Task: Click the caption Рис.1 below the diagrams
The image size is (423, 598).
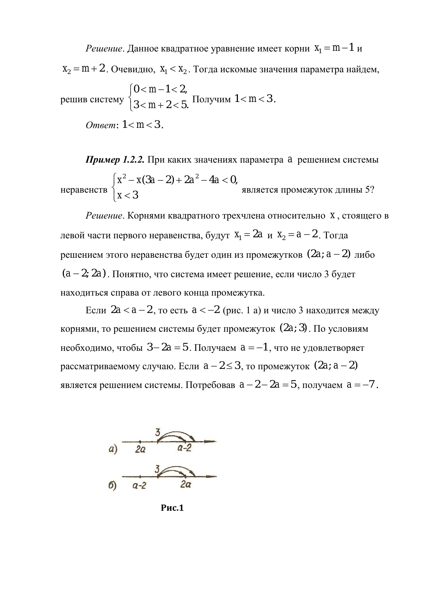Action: coord(172,508)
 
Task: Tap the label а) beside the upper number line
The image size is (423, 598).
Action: coord(113,450)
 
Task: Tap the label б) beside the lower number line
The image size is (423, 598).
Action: coord(113,485)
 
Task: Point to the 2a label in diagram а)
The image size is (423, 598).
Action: coord(140,450)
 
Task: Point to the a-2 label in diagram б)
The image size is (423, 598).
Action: coord(139,485)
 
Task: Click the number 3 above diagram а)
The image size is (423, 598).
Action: coord(157,432)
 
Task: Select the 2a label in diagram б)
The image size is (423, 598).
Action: coord(185,485)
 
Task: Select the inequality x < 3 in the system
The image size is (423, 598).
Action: coord(127,195)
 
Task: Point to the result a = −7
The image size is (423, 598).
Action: coord(363,385)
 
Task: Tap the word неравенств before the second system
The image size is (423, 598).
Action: coord(84,190)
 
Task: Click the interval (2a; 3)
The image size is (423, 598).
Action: coord(293,329)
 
